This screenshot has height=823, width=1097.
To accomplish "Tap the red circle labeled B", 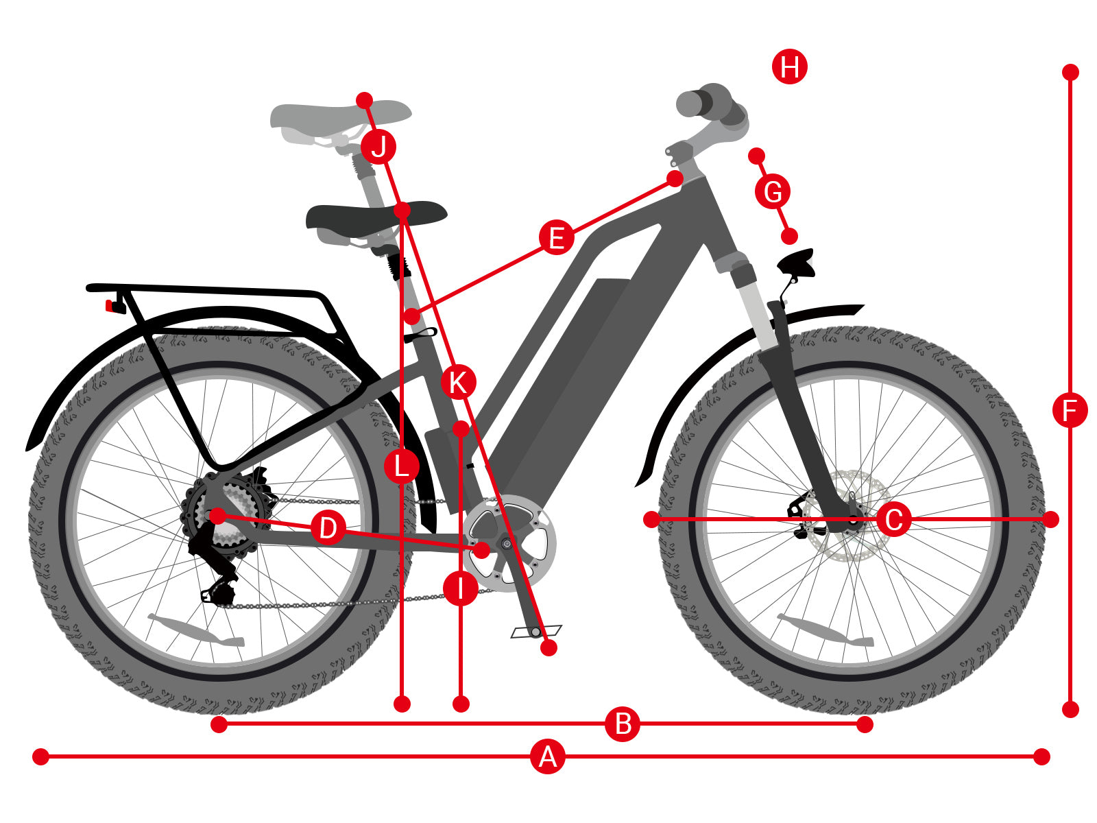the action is point(622,724).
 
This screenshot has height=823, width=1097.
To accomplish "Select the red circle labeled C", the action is point(893,519).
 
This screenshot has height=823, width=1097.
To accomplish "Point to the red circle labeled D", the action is point(327,527).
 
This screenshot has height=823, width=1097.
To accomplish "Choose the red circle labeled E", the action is point(556,237).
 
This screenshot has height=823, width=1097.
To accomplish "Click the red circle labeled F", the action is point(1070,410).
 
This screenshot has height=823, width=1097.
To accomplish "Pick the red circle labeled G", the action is point(772,191).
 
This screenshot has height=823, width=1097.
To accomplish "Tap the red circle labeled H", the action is point(789,67).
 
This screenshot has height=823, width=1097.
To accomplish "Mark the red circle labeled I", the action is point(460,588).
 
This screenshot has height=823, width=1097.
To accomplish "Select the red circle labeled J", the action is point(378,147).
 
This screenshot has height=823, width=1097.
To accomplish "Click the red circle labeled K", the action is point(458,382).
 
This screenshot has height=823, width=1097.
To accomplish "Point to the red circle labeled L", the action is point(401,466).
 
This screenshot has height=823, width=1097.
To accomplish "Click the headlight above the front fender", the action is point(796,264).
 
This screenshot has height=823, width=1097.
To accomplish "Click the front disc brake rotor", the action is point(845,515).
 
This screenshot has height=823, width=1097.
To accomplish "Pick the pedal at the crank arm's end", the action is point(535,632).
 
